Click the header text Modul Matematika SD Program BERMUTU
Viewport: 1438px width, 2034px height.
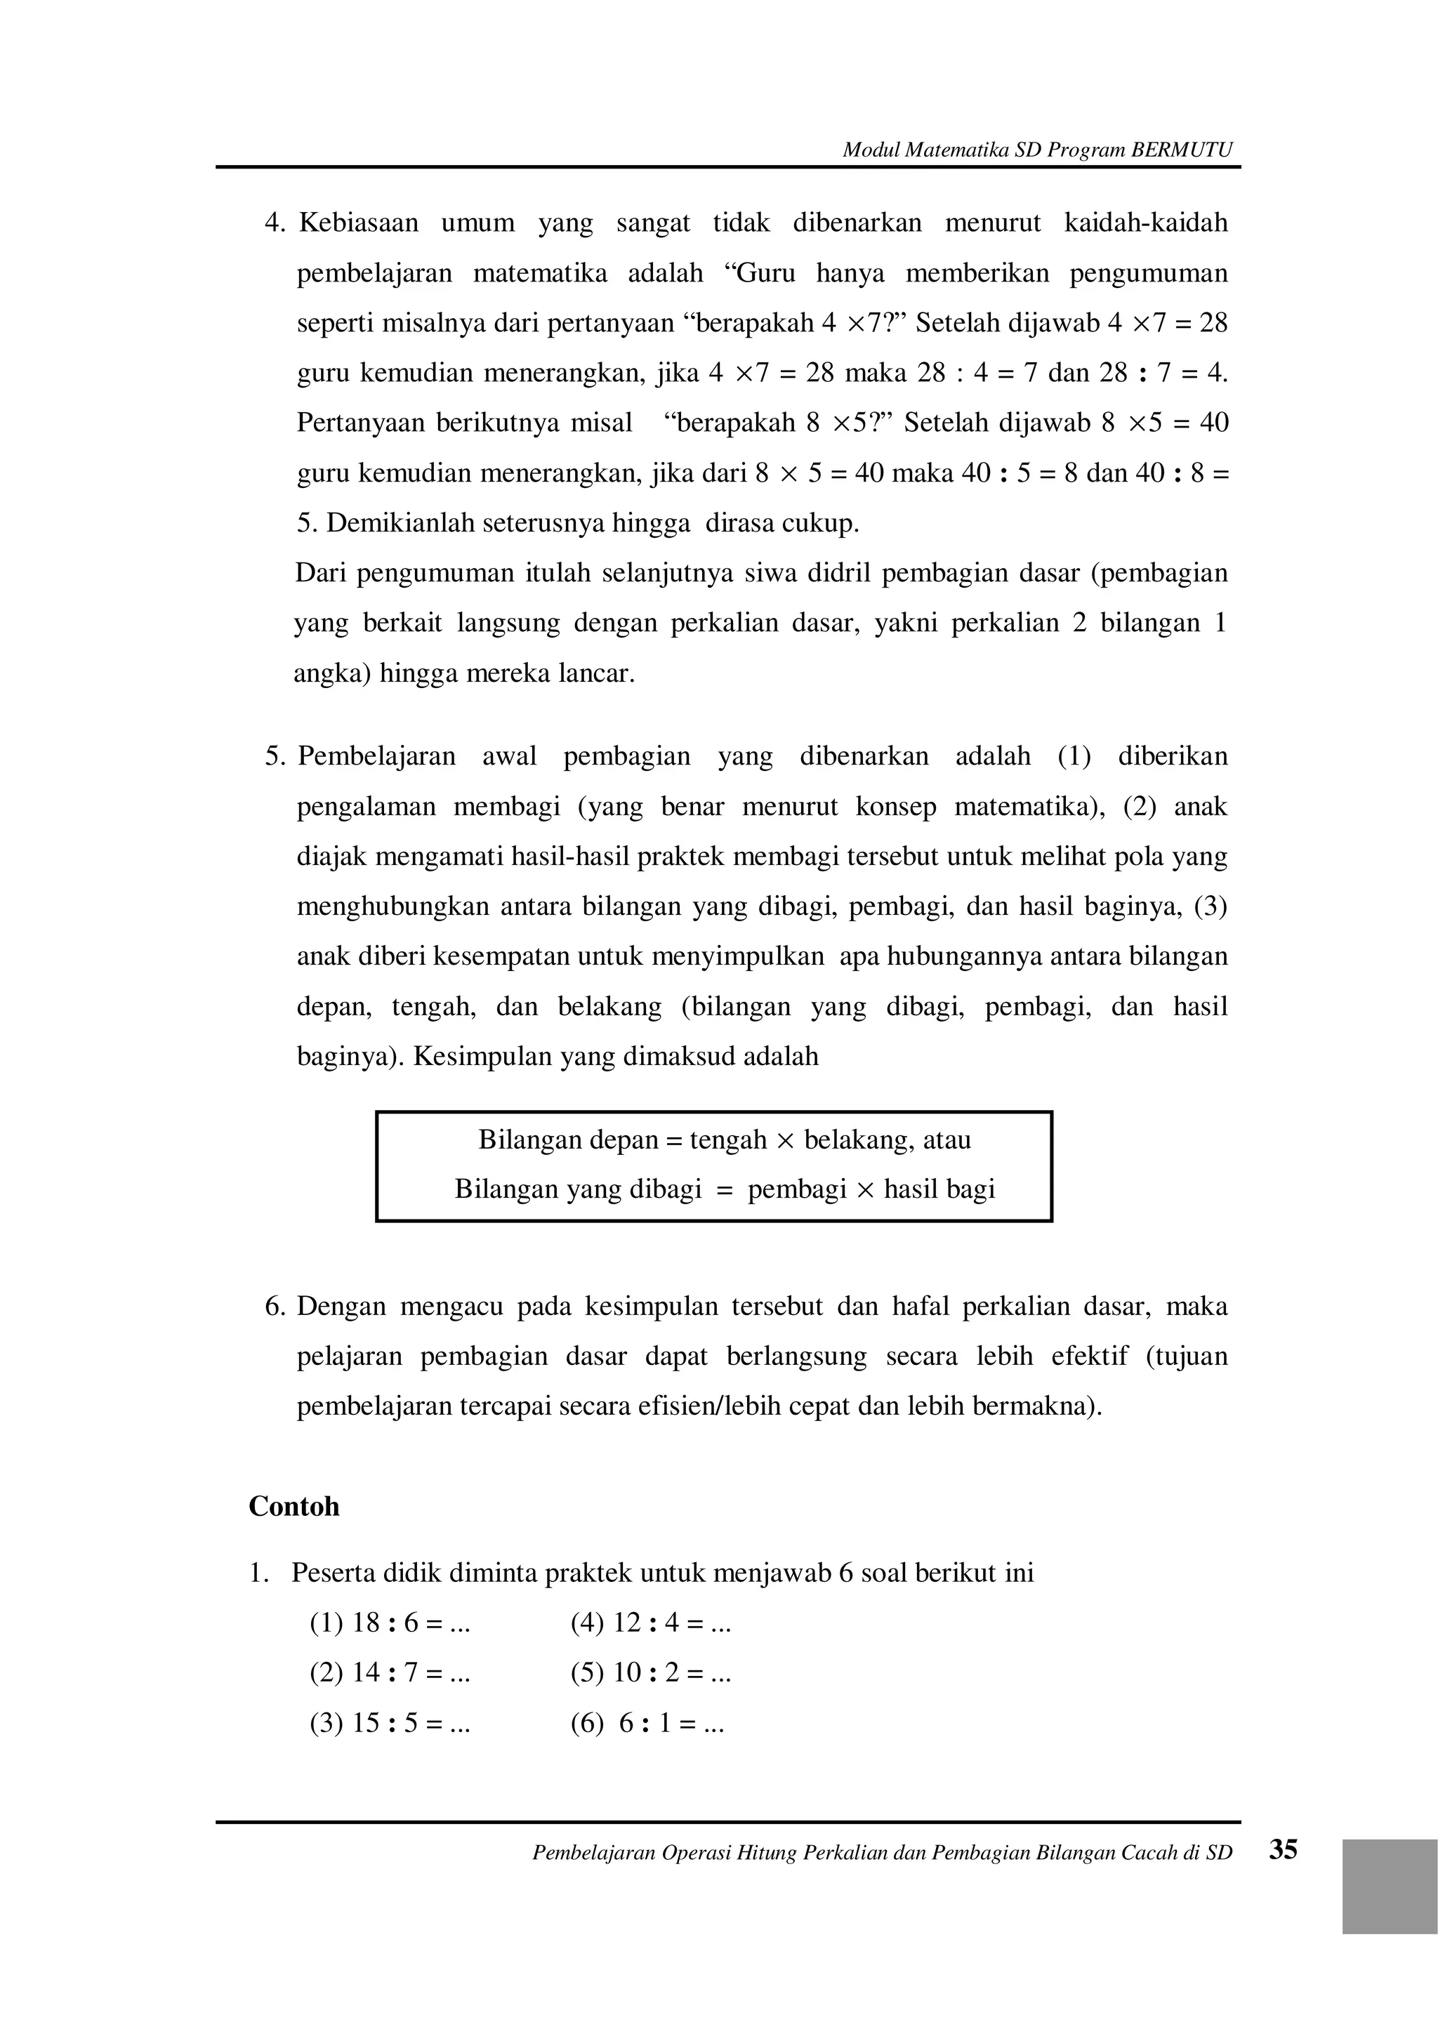tap(1036, 150)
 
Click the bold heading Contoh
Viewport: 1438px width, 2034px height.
tap(293, 1506)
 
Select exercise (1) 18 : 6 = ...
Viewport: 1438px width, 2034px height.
tap(389, 1623)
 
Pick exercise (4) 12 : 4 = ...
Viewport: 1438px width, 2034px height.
tap(650, 1623)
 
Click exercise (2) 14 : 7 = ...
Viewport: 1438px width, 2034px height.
tap(389, 1672)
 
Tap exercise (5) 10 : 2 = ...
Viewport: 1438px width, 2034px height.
tap(650, 1672)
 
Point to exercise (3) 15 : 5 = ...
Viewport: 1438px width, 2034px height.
tap(389, 1723)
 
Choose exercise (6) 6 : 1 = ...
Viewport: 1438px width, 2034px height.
tap(647, 1723)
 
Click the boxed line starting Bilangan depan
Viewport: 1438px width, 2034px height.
tap(724, 1140)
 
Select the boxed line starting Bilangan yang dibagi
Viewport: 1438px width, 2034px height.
tap(724, 1189)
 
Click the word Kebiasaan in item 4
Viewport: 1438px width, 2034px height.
tap(358, 223)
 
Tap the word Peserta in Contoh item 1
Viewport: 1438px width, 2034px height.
tap(333, 1573)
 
